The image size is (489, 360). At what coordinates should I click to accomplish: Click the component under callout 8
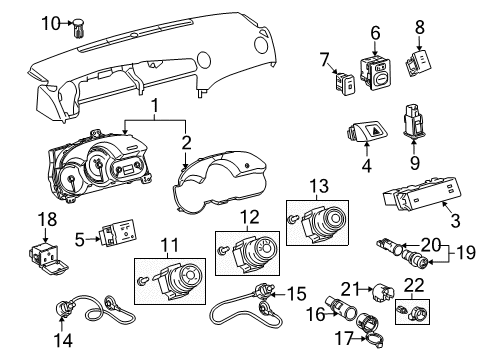click(x=420, y=65)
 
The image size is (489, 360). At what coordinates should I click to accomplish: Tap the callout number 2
click(x=186, y=141)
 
